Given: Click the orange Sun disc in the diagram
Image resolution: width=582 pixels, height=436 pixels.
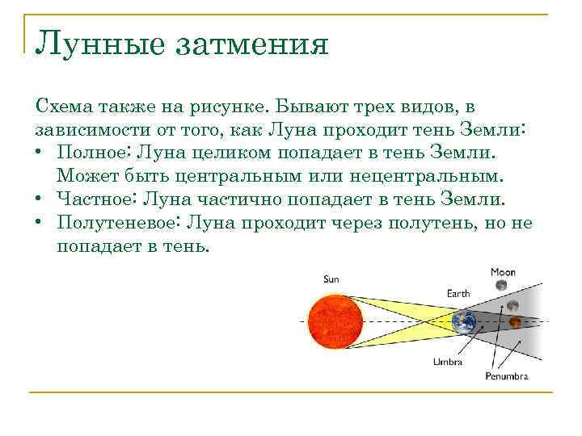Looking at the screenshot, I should [x=333, y=321].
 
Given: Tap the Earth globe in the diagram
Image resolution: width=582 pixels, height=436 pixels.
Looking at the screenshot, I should [x=465, y=322].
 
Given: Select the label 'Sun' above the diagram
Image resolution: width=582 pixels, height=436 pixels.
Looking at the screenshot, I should [x=331, y=279].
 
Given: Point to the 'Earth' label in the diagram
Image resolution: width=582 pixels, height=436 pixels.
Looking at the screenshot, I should [x=458, y=293].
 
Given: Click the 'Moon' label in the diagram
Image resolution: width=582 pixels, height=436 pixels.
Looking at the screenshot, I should [x=503, y=272].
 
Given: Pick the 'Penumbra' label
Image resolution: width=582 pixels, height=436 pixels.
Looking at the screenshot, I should [x=507, y=376].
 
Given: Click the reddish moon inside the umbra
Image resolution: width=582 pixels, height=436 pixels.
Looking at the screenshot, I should [x=515, y=323].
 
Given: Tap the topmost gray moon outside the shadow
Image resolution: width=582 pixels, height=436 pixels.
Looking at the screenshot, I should [x=501, y=286].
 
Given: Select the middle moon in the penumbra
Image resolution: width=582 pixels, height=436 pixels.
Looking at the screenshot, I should [x=512, y=305].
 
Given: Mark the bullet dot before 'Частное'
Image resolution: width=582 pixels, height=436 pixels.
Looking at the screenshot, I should [x=40, y=199].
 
